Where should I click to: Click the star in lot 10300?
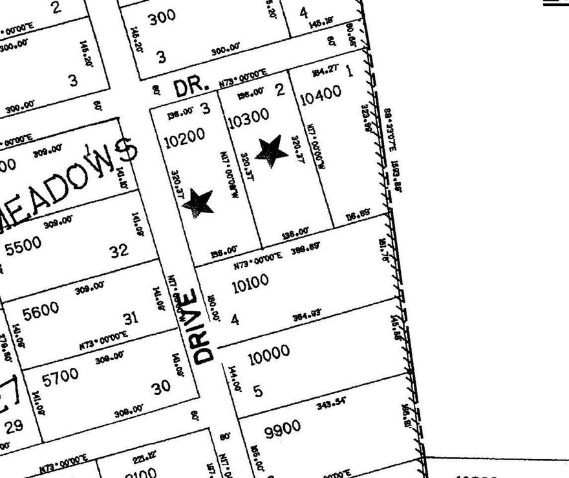click(272, 151)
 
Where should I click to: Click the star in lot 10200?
click(199, 203)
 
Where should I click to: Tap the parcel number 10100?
click(250, 283)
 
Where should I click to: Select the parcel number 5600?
click(40, 312)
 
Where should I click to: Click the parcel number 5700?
click(59, 376)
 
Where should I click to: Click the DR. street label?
click(191, 85)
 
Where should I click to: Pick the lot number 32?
click(119, 251)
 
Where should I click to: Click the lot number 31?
click(131, 318)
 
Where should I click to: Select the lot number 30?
click(161, 387)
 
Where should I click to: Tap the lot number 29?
click(14, 426)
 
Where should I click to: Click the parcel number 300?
click(162, 17)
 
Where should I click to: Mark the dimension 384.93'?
click(307, 315)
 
